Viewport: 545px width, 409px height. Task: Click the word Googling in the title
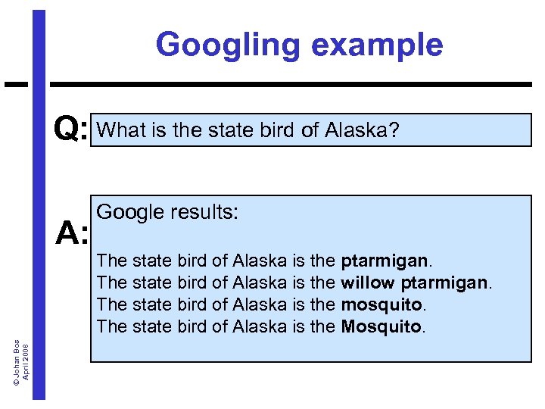[226, 45]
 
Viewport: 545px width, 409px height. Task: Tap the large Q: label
[72, 130]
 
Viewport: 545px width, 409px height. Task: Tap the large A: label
[72, 235]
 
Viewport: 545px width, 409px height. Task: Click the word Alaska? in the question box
[361, 130]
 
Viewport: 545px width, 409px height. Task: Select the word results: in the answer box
[202, 213]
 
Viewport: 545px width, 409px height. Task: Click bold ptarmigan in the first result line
[385, 261]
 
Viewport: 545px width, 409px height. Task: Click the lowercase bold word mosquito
[379, 305]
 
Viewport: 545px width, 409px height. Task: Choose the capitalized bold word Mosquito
[381, 326]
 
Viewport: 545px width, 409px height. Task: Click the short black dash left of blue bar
[16, 83]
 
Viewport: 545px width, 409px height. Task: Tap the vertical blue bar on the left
[39, 227]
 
